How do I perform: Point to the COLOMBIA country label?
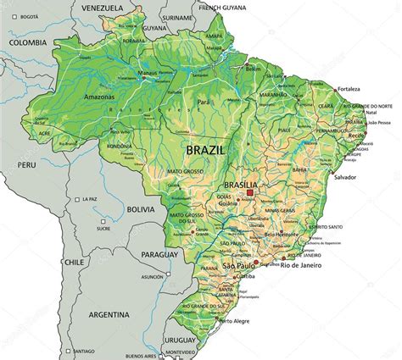27,42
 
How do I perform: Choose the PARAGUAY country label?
159,254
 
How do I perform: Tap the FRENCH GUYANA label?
216,6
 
